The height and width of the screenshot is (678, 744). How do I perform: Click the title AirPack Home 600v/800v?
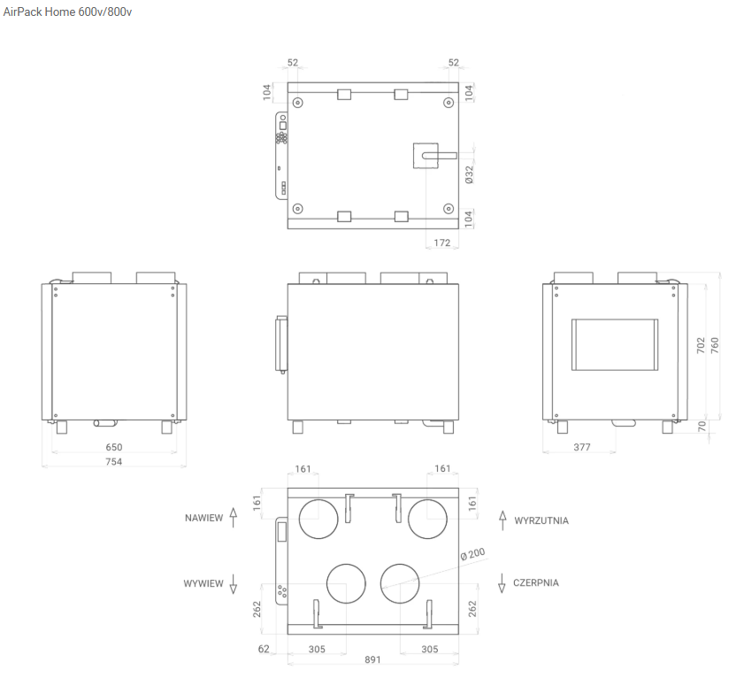(67, 12)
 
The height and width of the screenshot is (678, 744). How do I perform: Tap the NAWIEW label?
(203, 518)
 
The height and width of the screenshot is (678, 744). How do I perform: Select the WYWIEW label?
(203, 583)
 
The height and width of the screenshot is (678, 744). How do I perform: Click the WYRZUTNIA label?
(541, 520)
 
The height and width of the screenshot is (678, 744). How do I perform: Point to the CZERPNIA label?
(536, 582)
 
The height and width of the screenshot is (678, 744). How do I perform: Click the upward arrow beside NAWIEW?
(233, 518)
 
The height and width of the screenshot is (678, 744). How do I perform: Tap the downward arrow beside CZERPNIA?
(502, 583)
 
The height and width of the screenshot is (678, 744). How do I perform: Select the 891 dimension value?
(372, 659)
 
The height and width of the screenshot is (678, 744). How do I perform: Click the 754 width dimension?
(114, 461)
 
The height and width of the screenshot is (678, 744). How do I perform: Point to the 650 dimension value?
(114, 447)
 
